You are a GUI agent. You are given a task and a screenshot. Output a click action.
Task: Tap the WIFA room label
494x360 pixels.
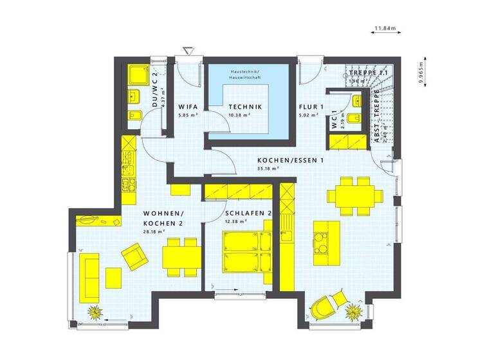point(188,107)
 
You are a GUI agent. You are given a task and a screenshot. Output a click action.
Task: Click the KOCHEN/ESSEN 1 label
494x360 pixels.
point(289,161)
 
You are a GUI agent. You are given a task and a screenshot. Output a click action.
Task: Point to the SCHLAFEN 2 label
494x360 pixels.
point(248,213)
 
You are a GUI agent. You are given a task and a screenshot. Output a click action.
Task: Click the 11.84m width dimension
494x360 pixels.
point(385,28)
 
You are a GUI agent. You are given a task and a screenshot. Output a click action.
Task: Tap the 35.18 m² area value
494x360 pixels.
point(266,169)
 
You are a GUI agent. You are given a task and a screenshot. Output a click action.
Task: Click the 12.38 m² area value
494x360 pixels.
point(237,222)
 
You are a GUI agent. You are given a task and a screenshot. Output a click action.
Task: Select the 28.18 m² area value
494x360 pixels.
point(156,231)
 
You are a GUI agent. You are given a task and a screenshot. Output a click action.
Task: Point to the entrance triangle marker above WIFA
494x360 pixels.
point(188,51)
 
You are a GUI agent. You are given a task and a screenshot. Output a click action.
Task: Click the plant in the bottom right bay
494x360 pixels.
point(352,312)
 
